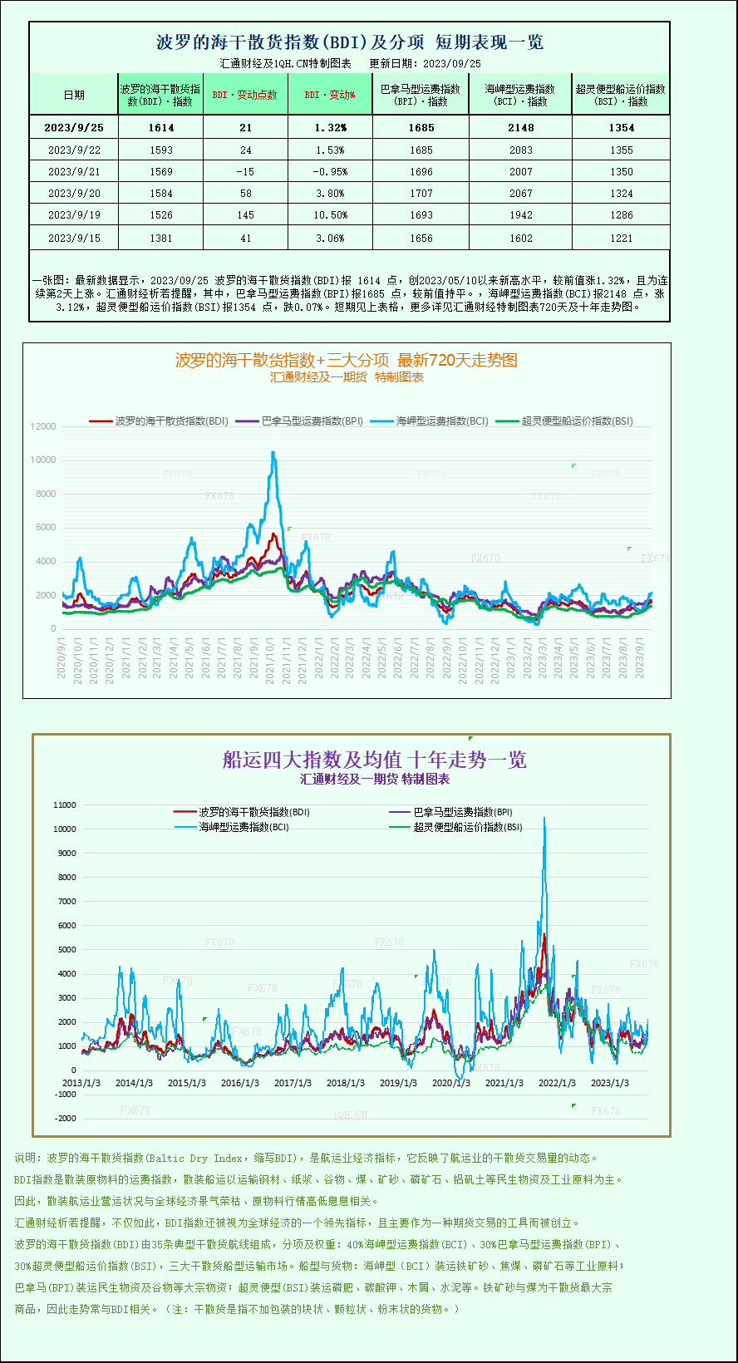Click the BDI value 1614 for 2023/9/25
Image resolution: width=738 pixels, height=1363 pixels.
(x=161, y=128)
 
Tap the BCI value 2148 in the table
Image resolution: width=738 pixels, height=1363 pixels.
(x=521, y=128)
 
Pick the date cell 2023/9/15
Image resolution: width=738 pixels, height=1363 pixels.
(x=74, y=238)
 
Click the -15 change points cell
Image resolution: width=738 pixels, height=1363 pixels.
(x=245, y=172)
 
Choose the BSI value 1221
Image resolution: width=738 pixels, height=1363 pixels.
(x=621, y=238)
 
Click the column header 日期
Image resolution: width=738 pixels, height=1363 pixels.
(x=74, y=95)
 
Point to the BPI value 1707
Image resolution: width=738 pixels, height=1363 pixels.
(x=421, y=194)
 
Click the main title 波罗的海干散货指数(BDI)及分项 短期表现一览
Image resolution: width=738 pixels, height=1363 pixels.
(x=350, y=42)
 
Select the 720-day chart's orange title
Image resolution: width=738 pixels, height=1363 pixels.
(x=346, y=360)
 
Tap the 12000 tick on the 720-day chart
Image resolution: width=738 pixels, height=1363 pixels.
(x=43, y=426)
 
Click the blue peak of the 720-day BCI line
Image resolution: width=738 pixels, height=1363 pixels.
(x=273, y=453)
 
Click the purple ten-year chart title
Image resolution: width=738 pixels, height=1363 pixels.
(x=374, y=760)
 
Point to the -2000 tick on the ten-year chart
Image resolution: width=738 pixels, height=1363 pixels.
(x=65, y=1119)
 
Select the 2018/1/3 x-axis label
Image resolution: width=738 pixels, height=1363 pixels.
(x=346, y=1083)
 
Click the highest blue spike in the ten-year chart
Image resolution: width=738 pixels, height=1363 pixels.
(x=544, y=819)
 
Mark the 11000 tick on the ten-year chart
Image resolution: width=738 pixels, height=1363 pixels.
(x=64, y=805)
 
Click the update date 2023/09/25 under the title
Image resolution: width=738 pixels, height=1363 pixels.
(x=451, y=63)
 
